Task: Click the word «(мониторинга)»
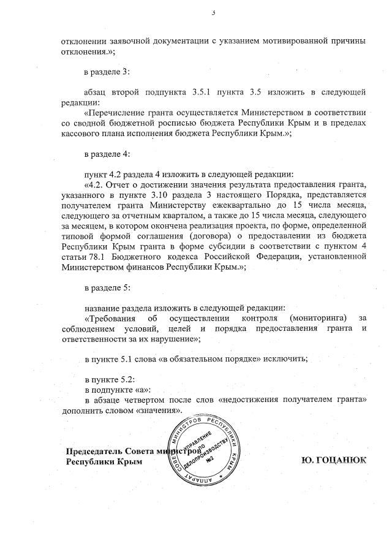[x=312, y=318]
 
